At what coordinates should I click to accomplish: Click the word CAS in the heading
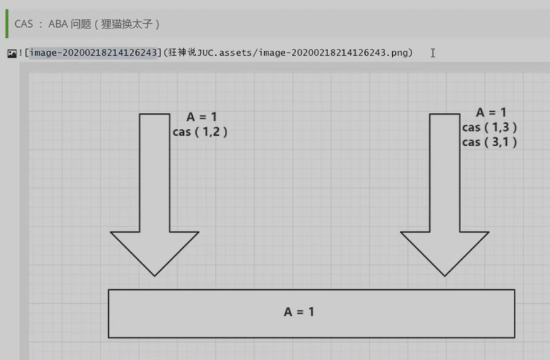point(24,25)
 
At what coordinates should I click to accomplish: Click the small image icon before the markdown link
point(11,53)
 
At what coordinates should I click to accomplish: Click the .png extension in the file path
point(400,53)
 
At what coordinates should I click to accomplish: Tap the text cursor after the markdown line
point(433,53)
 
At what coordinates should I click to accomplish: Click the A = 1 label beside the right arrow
point(491,112)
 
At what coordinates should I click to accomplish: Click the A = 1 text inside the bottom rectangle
point(299,312)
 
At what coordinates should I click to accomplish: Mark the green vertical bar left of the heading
point(7,24)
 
